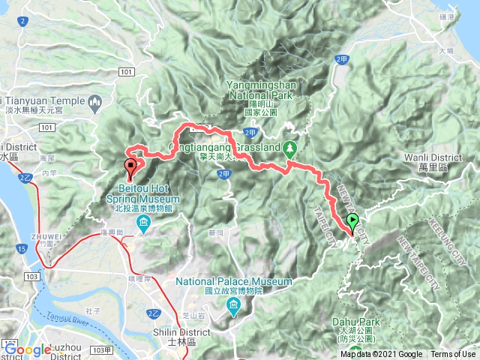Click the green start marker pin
(x=353, y=222)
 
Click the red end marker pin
(x=131, y=166)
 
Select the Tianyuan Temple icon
(x=94, y=101)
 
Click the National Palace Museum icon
(x=233, y=304)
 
